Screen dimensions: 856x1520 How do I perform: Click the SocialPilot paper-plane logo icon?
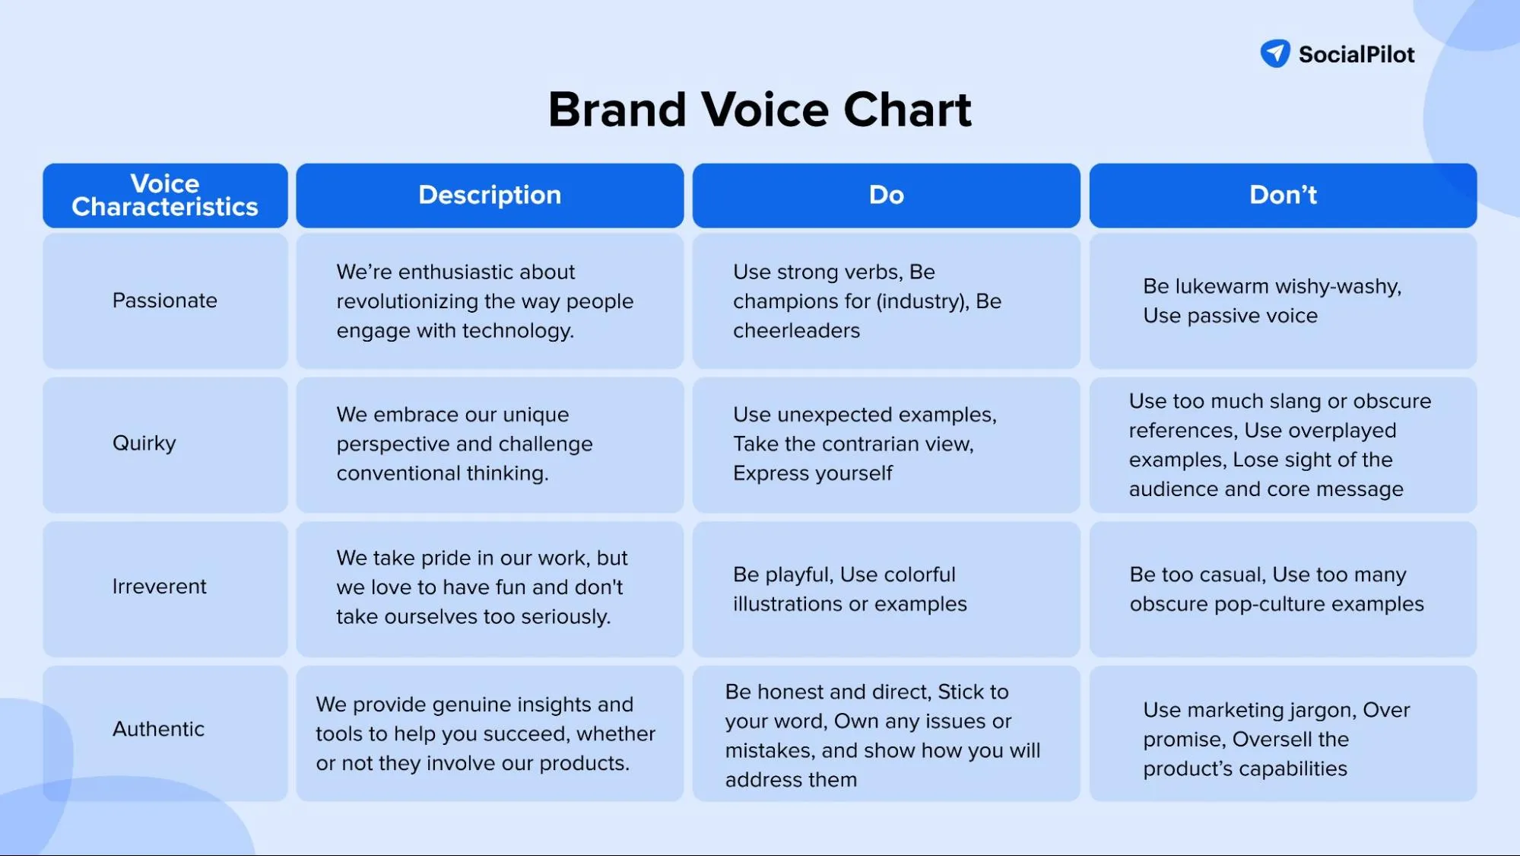[x=1275, y=53]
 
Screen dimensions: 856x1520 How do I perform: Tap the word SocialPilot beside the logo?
[x=1357, y=55]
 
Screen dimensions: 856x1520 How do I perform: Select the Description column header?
[x=490, y=196]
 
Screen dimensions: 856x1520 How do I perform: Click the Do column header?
[x=886, y=196]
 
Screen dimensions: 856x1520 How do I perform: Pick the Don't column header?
[x=1283, y=196]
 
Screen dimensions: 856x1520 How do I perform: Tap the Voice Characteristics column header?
[x=165, y=196]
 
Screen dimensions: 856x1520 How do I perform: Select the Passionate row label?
[x=165, y=301]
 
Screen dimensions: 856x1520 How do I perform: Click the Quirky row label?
[x=144, y=444]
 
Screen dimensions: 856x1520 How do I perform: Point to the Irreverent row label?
[x=160, y=587]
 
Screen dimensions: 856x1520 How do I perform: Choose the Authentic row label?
[x=159, y=729]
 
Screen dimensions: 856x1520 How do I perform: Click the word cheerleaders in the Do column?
[x=796, y=331]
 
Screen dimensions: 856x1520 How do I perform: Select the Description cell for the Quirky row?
[x=490, y=444]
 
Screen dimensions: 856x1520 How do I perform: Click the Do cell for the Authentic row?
[x=886, y=735]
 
